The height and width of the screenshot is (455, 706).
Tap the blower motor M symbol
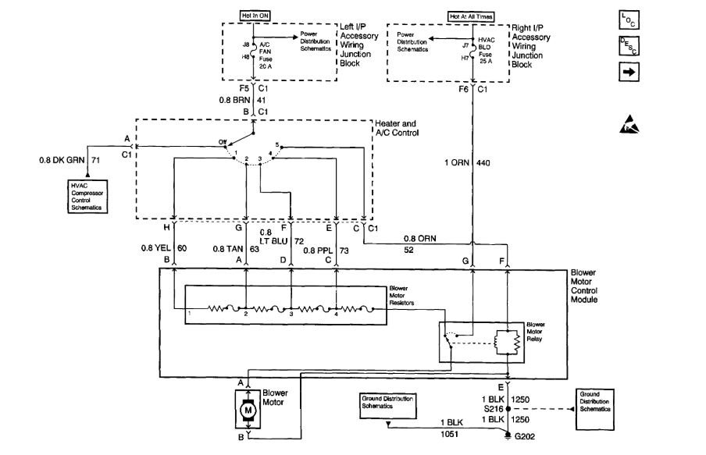[x=250, y=408]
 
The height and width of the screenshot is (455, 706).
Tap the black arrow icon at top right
[x=629, y=72]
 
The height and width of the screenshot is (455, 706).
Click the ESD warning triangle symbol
[x=629, y=122]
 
